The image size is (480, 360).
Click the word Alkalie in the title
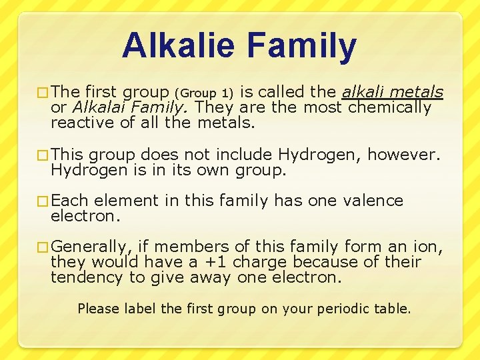tap(179, 46)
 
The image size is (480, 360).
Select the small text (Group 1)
tap(204, 93)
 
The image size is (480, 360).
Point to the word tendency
tap(87, 277)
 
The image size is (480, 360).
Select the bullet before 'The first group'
tap(43, 93)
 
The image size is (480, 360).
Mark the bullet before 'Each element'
tap(43, 201)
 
